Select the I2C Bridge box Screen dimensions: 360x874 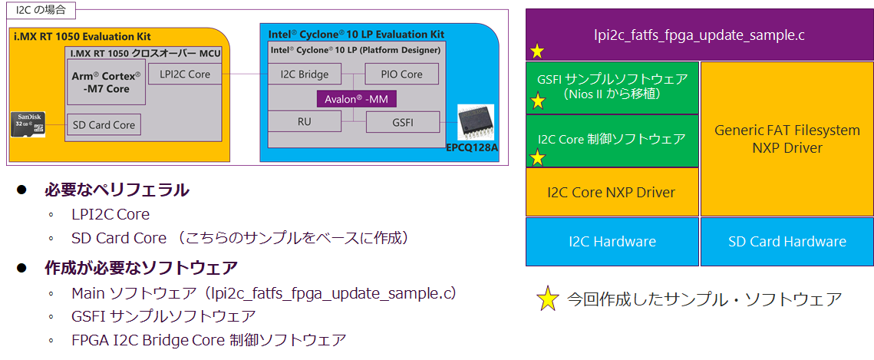tap(304, 74)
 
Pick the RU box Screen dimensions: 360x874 tap(304, 122)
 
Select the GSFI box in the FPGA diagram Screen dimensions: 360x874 tap(402, 122)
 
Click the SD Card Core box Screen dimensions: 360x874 tap(104, 124)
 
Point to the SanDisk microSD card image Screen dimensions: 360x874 tap(29, 124)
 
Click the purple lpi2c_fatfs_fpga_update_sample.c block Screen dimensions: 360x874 tap(699, 35)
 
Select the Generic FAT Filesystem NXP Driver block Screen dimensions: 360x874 tap(787, 139)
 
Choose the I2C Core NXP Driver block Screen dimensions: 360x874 tap(612, 192)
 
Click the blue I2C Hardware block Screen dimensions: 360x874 tap(612, 241)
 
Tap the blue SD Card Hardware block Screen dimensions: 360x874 tap(787, 241)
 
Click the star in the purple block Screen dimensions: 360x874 tap(537, 51)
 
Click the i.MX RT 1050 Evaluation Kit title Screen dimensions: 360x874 tap(83, 36)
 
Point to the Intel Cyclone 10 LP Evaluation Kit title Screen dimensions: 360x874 tap(356, 35)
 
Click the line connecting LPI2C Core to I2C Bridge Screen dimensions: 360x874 tap(245, 74)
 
